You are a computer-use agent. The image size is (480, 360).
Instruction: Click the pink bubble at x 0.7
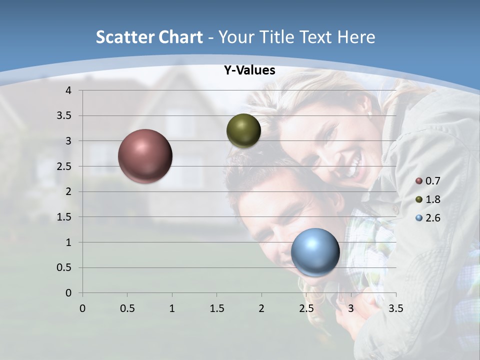click(145, 156)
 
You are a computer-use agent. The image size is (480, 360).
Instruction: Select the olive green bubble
click(243, 130)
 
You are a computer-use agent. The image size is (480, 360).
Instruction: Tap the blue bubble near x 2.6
click(315, 252)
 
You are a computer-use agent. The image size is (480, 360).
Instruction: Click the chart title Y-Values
click(249, 70)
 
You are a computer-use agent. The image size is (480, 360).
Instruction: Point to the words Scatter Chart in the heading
click(149, 37)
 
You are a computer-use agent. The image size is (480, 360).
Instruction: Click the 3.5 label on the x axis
click(396, 308)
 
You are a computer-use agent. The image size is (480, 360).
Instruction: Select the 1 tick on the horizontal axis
click(172, 308)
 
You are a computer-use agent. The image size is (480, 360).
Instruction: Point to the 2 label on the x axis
click(261, 308)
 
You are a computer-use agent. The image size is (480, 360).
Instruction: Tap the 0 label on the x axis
click(82, 308)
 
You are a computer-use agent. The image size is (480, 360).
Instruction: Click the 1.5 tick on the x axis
click(216, 308)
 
